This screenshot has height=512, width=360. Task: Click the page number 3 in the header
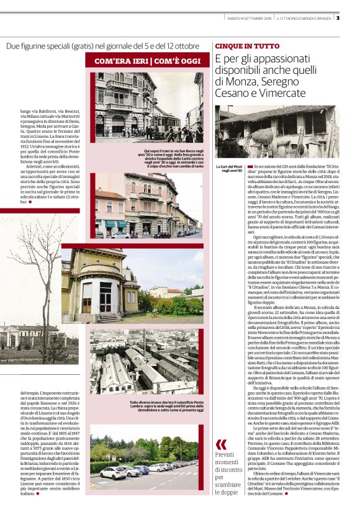point(355,17)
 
